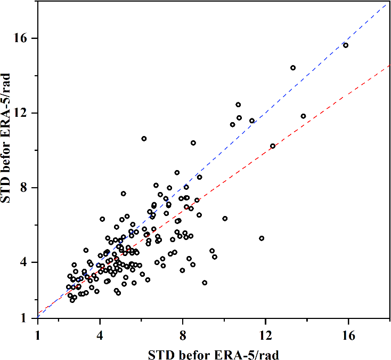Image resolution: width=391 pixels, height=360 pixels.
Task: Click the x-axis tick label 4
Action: pos(100,337)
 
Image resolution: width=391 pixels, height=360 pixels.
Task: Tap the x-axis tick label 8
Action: pos(183,337)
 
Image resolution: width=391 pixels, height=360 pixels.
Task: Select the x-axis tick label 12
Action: pos(265,337)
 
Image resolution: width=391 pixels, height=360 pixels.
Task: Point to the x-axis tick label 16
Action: pos(348,337)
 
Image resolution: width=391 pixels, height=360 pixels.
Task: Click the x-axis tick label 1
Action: pos(38,337)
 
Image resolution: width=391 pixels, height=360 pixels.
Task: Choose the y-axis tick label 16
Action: pos(27,38)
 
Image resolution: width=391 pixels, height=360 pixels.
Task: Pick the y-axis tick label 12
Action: pos(27,113)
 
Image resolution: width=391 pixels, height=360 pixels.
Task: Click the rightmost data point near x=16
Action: pos(346,45)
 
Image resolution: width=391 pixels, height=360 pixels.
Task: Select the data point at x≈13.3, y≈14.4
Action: pos(293,68)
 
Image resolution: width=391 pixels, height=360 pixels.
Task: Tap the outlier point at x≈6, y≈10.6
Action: pos(144,139)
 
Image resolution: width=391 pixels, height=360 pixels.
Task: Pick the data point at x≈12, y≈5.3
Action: pos(262,238)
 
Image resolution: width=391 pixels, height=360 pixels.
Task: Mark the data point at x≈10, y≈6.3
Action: pos(225,219)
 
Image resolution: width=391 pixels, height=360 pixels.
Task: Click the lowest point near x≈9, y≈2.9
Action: pos(205,283)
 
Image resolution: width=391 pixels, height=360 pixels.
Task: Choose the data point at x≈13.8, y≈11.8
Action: pos(303,116)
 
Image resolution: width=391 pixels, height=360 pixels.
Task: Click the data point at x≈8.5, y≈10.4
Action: pos(193,143)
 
